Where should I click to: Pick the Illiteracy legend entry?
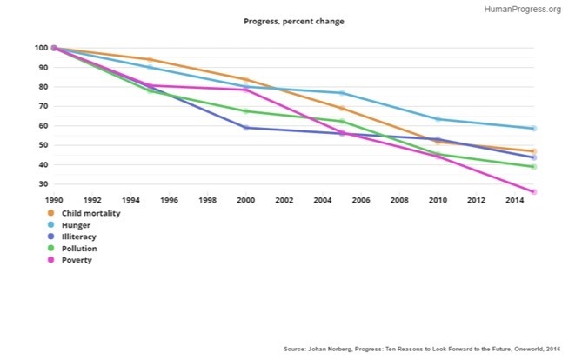point(74,237)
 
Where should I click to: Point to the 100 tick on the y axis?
point(40,48)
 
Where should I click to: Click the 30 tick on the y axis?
point(43,184)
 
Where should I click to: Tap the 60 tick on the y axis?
point(43,126)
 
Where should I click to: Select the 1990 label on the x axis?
point(54,200)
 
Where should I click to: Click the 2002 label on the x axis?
point(284,200)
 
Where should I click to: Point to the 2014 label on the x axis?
point(514,200)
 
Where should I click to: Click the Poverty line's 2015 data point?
point(533,191)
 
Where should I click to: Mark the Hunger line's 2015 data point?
point(533,129)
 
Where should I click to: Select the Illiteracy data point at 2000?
point(246,128)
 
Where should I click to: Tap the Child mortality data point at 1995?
point(151,59)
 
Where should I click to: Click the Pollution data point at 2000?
point(246,111)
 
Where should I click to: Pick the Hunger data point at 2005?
point(342,93)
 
